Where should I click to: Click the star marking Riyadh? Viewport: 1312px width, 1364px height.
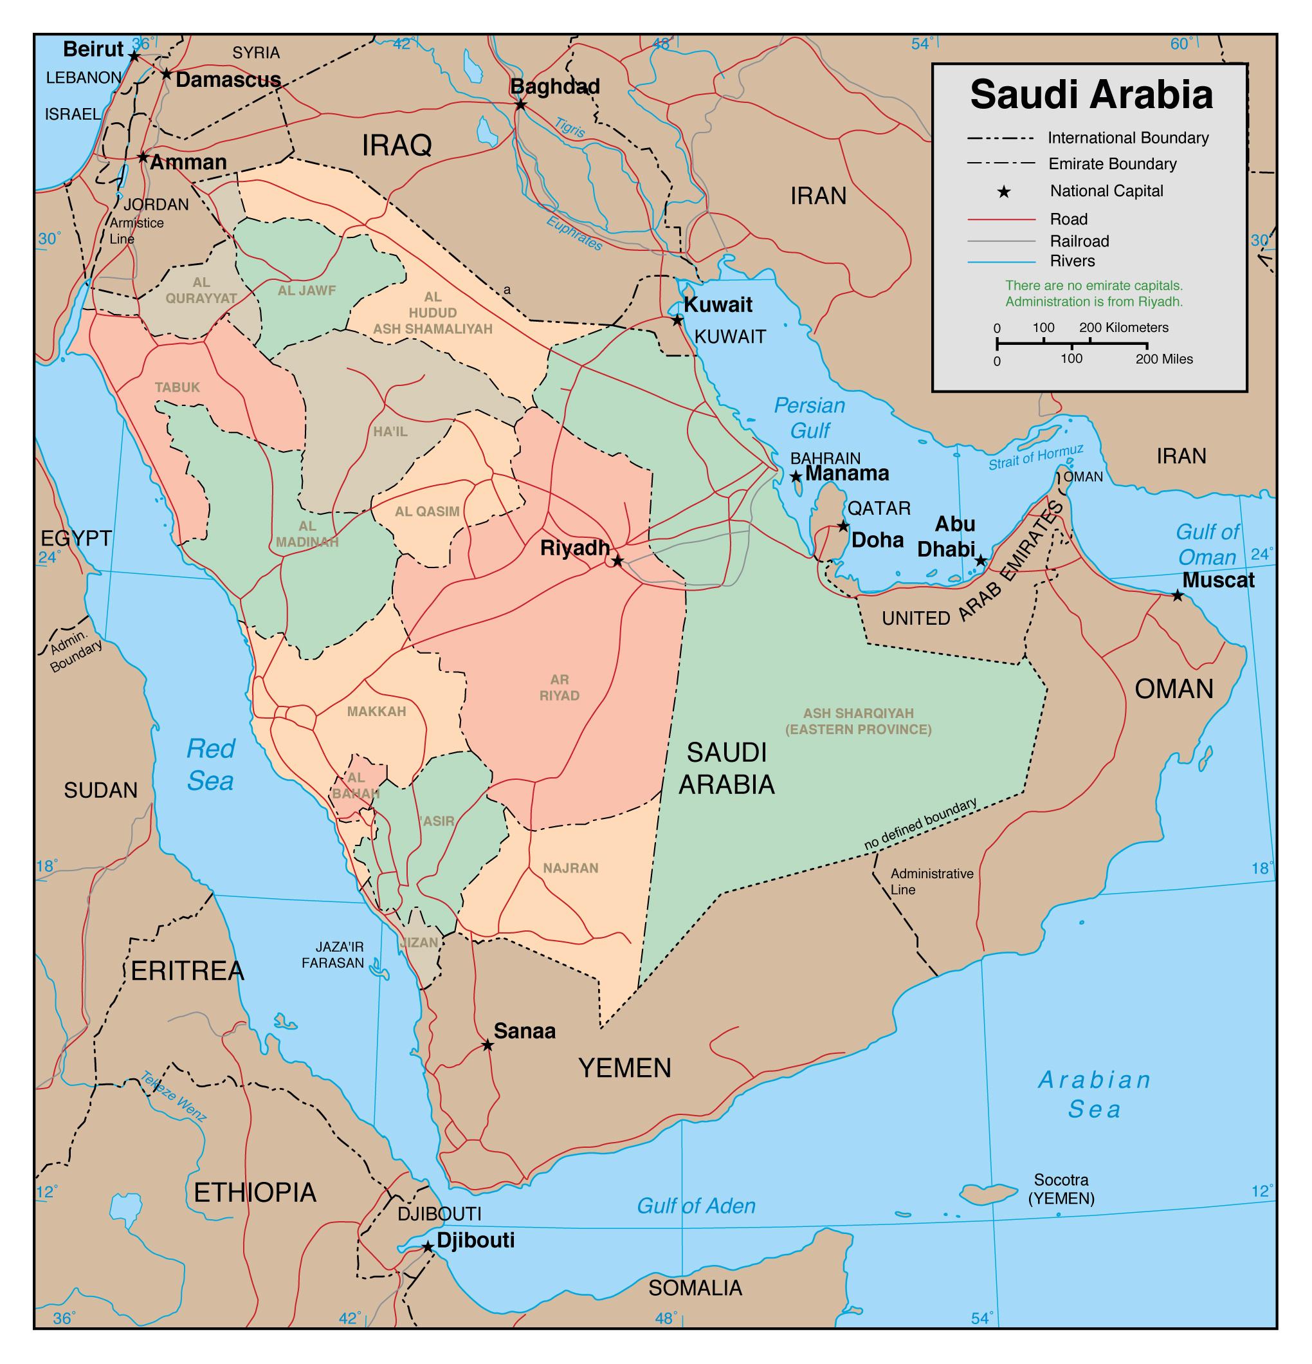point(617,560)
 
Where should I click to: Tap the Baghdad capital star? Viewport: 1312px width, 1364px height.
point(520,105)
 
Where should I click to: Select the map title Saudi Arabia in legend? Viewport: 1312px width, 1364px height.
point(1091,95)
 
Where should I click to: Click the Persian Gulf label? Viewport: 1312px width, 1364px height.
point(809,418)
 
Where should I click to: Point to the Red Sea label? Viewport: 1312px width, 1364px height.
point(210,765)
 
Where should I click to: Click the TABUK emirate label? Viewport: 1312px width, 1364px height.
point(178,387)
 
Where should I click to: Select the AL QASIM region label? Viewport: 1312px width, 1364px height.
point(427,511)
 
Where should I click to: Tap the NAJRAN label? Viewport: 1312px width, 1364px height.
point(570,868)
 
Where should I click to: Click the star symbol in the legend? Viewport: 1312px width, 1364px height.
point(1003,191)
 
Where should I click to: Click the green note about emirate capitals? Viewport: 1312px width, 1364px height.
point(1093,293)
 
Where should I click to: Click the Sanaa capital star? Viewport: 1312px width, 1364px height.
point(487,1046)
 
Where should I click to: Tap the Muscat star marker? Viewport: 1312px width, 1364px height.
point(1177,596)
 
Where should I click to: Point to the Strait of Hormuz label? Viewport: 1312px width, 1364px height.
point(1036,457)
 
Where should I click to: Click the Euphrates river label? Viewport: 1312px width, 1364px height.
point(574,234)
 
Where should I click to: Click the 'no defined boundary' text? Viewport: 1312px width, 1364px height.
point(920,825)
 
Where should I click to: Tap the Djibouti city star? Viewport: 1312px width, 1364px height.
point(428,1248)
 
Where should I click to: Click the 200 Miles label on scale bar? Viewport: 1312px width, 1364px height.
point(1164,359)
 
